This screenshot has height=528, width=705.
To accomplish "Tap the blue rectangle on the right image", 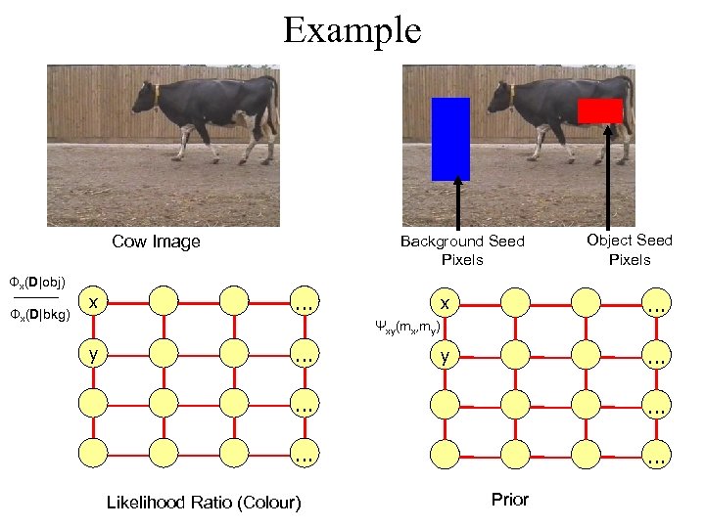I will (x=450, y=139).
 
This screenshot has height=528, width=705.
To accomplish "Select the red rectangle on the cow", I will (x=599, y=110).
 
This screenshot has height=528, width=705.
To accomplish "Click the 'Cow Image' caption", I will (x=156, y=242).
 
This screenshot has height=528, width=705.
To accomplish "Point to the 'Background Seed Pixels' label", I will (x=462, y=250).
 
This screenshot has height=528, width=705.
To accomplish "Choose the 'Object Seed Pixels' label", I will (x=629, y=249).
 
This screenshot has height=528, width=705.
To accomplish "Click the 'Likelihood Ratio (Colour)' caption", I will (x=204, y=503).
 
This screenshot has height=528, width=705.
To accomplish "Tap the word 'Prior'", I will (x=509, y=500).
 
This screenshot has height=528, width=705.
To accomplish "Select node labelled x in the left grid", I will (x=93, y=303).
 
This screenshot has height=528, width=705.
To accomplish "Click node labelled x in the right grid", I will (x=445, y=303).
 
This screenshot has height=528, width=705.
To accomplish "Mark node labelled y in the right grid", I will (x=445, y=358).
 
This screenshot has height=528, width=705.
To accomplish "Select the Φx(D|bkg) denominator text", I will (x=36, y=315).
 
